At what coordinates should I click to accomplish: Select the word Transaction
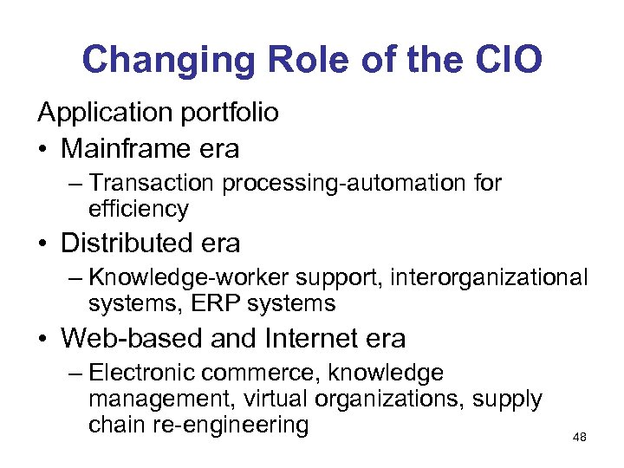coord(153,183)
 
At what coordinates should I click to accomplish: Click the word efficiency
coord(138,209)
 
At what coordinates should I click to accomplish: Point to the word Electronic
coord(143,373)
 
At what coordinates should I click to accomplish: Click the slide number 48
coord(580,438)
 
